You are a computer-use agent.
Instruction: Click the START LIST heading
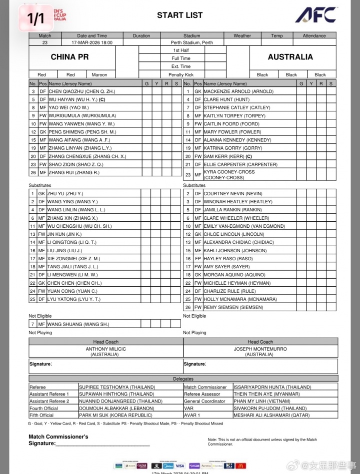tap(180, 15)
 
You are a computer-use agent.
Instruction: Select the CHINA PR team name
tap(69, 57)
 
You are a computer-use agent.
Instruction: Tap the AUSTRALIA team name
tap(290, 57)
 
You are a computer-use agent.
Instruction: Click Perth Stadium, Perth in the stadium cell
tap(191, 42)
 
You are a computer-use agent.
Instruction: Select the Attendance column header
tap(313, 35)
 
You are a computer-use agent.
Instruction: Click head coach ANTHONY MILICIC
tap(105, 349)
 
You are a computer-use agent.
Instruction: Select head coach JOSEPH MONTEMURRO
tap(260, 349)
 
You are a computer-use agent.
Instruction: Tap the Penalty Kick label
tap(180, 75)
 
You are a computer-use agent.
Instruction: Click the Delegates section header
tap(183, 379)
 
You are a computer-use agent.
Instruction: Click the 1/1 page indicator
tap(35, 19)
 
